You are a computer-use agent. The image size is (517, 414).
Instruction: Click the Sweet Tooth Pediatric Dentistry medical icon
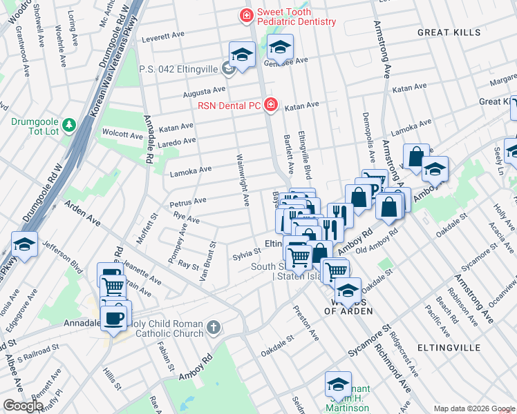click(x=245, y=15)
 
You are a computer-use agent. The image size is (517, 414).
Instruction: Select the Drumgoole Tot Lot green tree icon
click(x=68, y=125)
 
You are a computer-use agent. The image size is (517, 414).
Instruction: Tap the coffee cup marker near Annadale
click(x=115, y=318)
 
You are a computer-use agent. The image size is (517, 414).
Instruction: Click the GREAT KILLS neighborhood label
click(x=447, y=32)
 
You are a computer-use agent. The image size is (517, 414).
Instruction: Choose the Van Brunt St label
click(x=205, y=261)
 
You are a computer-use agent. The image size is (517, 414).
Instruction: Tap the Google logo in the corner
click(x=23, y=406)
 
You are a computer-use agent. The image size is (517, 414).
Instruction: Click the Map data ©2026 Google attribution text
click(x=473, y=408)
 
